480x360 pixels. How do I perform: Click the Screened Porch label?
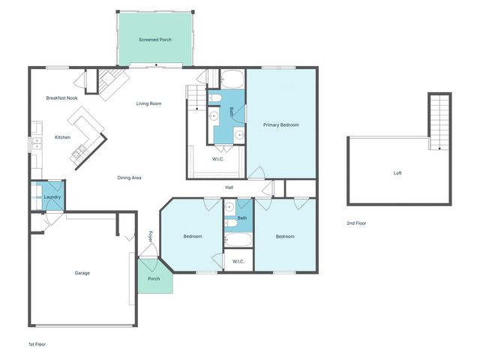(x=155, y=39)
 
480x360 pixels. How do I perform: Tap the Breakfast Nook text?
(x=61, y=98)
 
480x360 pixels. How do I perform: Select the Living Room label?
(x=148, y=103)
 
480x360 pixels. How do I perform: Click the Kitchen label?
(x=63, y=137)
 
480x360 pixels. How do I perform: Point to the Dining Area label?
(x=130, y=178)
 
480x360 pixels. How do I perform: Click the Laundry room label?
(x=52, y=197)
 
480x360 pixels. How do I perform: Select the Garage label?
(x=82, y=273)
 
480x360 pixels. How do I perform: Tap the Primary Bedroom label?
(x=281, y=124)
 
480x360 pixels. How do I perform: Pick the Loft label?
(x=397, y=173)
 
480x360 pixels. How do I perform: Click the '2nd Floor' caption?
(x=356, y=223)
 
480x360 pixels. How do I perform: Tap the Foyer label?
(x=149, y=236)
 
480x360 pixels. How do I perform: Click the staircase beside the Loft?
(x=440, y=120)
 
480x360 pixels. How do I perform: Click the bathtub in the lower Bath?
(x=238, y=241)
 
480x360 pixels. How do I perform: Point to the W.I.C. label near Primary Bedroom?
(x=218, y=158)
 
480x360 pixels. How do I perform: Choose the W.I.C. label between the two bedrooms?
(x=238, y=261)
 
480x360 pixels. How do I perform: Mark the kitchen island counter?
(x=87, y=135)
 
